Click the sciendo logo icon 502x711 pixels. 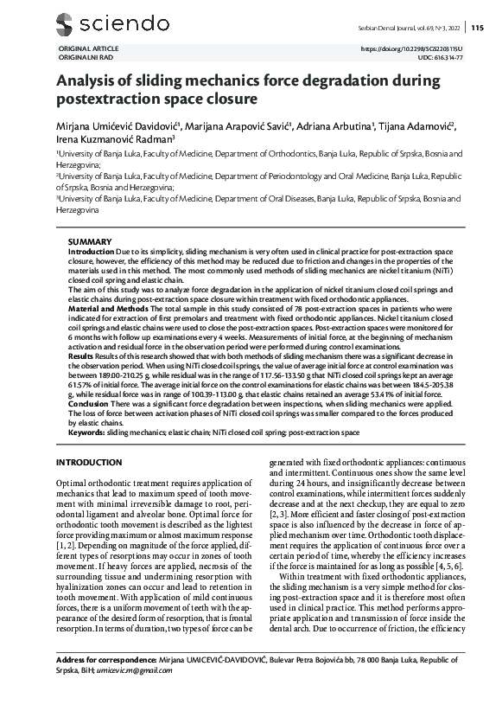[x=64, y=23]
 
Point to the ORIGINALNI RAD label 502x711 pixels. [x=85, y=57]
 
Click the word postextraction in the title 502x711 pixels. [x=104, y=99]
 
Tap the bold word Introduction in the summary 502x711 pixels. [x=91, y=250]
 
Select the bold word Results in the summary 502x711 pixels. [x=81, y=355]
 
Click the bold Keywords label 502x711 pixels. [x=86, y=432]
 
